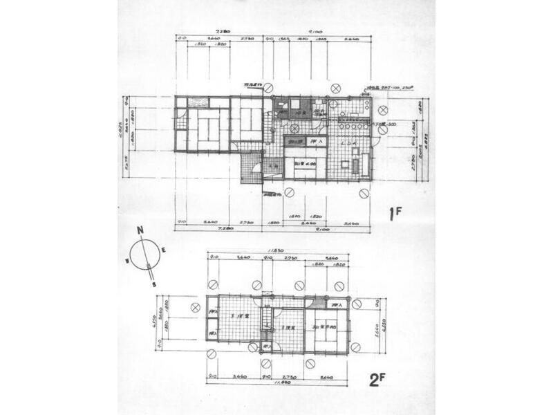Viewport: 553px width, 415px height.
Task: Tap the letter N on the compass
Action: click(140, 231)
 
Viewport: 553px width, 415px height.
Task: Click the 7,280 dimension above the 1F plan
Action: click(222, 31)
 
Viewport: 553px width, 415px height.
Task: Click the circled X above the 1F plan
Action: click(335, 88)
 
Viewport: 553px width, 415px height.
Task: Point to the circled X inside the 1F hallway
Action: click(294, 128)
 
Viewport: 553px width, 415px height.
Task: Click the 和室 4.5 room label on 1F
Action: click(305, 163)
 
